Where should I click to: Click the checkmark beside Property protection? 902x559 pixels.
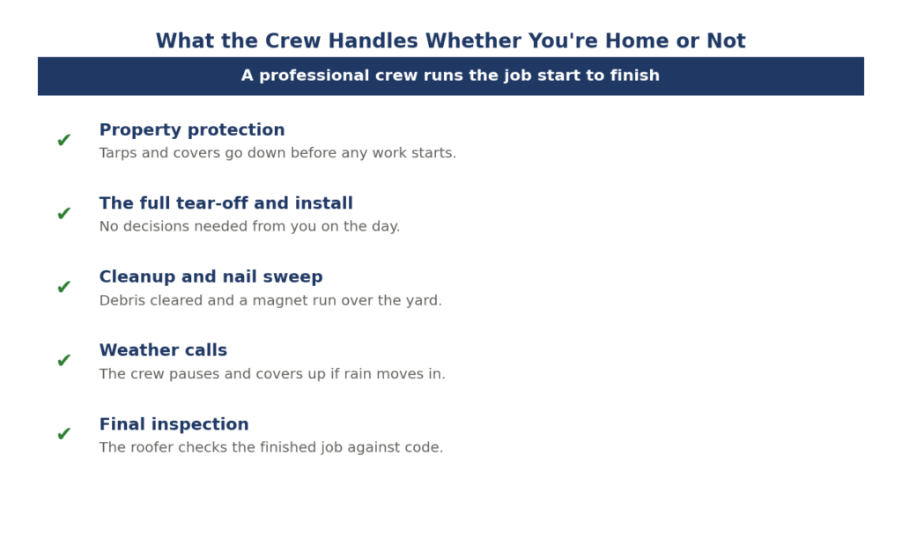[x=63, y=140]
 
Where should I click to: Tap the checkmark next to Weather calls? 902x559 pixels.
[x=63, y=360]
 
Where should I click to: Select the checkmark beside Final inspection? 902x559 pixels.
[x=63, y=434]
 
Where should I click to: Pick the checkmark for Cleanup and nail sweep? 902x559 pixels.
[x=63, y=286]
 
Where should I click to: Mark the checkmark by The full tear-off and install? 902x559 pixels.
[x=63, y=213]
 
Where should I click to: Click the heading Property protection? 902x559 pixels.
[x=192, y=130]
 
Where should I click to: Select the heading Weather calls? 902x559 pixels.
[x=163, y=350]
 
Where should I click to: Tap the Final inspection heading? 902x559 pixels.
[x=174, y=424]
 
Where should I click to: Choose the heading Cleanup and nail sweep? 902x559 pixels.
[x=211, y=277]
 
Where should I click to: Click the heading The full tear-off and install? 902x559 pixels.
[x=226, y=203]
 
